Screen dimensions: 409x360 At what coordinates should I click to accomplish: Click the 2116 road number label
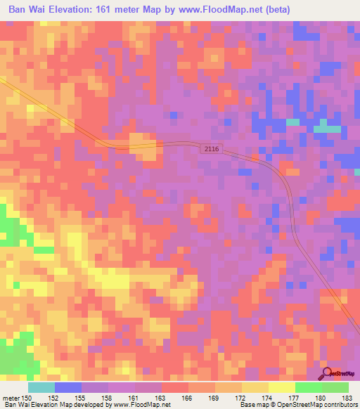212,149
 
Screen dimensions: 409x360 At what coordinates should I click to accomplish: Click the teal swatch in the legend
41,387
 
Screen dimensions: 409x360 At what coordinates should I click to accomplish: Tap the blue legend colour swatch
68,387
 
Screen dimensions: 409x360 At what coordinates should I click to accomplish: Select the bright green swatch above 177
308,387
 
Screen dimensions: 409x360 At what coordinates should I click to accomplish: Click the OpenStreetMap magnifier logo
328,374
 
